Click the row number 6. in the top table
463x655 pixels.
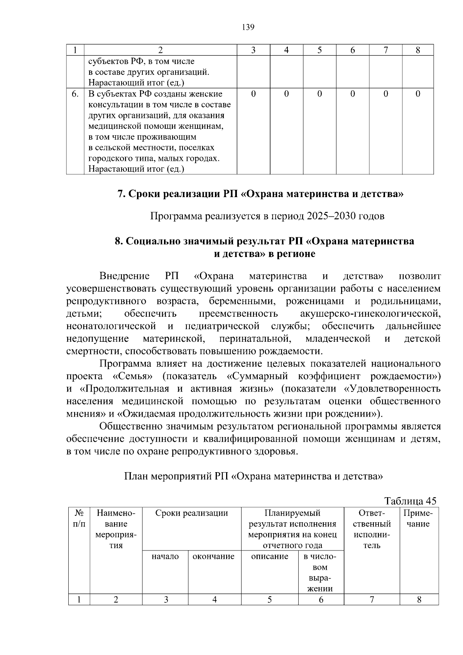[x=75, y=94]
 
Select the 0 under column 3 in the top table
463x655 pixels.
[x=253, y=94]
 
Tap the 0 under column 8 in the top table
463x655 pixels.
[x=418, y=94]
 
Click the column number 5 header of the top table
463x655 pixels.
[x=319, y=50]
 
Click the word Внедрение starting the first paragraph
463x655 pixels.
[x=124, y=276]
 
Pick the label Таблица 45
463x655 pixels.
[x=410, y=501]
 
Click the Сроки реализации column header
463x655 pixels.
[x=191, y=513]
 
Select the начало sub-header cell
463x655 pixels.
[x=165, y=556]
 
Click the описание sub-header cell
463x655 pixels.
[x=269, y=556]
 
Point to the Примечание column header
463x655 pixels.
[x=418, y=518]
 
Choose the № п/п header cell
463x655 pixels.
[x=79, y=518]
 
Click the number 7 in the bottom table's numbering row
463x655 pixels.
[x=372, y=599]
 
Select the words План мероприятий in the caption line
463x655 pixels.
[x=168, y=476]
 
